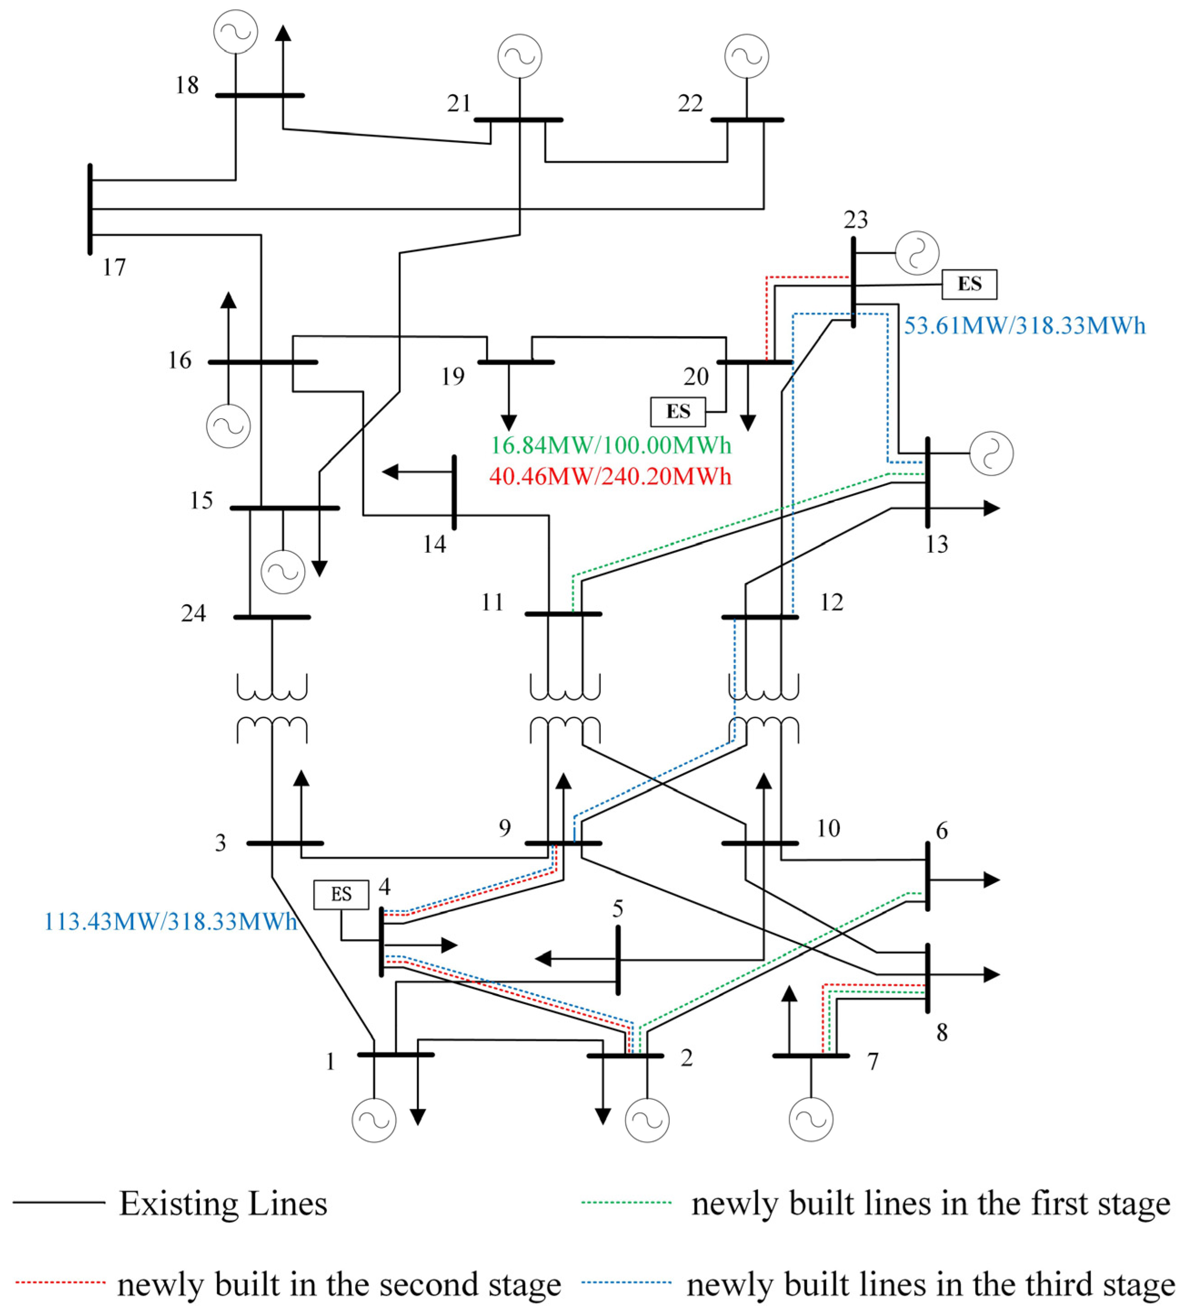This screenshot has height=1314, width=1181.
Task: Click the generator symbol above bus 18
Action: point(236,31)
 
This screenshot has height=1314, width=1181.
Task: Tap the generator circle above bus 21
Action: point(520,56)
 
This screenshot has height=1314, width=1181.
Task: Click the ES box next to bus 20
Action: point(678,412)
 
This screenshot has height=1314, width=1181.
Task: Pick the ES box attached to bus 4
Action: point(342,895)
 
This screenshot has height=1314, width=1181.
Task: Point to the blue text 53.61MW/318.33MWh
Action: point(1025,325)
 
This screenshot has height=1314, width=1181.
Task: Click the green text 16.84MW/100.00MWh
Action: point(611,445)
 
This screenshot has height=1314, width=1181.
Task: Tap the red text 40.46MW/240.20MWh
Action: point(611,476)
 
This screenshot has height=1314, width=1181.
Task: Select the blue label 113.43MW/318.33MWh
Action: point(170,921)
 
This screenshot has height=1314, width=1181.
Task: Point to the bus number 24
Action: point(193,613)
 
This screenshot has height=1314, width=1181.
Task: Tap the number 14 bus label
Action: point(434,544)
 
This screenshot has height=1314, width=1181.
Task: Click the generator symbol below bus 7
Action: point(811,1119)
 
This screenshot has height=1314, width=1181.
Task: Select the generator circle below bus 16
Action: point(228,426)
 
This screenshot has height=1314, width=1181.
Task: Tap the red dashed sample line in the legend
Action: point(59,1282)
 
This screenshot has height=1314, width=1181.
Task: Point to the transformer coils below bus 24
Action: point(272,708)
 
